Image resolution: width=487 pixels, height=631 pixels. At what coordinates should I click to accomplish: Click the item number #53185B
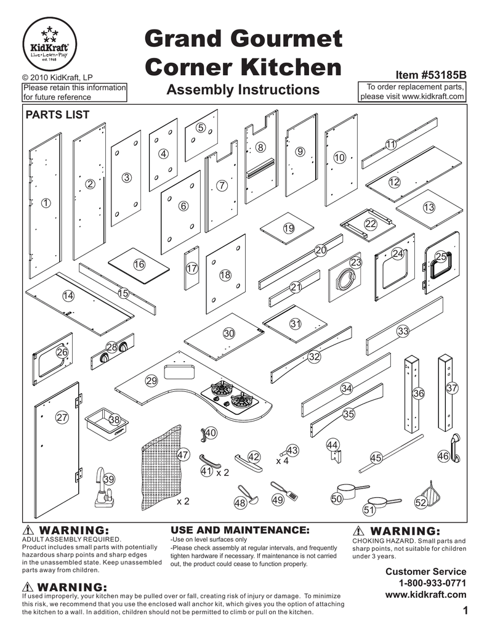point(431,75)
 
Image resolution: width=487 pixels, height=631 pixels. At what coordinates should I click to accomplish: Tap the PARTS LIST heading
point(56,115)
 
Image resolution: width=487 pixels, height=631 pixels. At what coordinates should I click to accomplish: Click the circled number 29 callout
point(151,381)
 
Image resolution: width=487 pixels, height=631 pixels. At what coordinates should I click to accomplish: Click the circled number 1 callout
point(46,203)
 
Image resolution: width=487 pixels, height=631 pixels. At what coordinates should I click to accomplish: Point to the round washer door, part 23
point(344,280)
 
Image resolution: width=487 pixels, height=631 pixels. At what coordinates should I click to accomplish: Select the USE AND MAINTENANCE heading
point(239,530)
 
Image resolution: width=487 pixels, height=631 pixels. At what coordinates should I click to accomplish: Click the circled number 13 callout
point(429,208)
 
